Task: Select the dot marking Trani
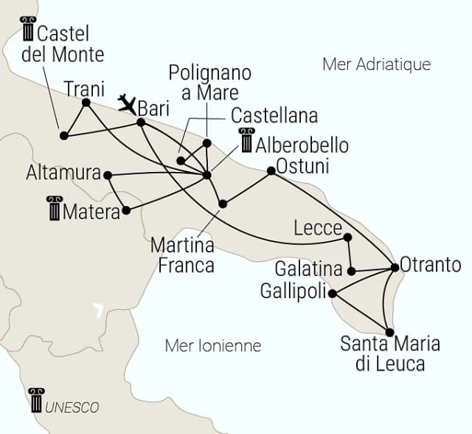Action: (86, 103)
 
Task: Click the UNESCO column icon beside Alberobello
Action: (246, 140)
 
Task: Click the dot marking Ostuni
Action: (271, 170)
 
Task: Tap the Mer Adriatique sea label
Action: (376, 64)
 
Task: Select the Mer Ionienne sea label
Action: (213, 345)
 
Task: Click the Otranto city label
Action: (431, 265)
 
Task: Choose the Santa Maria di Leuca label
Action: (389, 354)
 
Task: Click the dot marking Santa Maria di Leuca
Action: (389, 332)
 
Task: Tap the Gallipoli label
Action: (293, 292)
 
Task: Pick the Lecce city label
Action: (317, 227)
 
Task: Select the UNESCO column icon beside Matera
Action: (54, 209)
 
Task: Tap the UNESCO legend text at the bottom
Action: (72, 407)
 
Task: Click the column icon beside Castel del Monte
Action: (28, 29)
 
